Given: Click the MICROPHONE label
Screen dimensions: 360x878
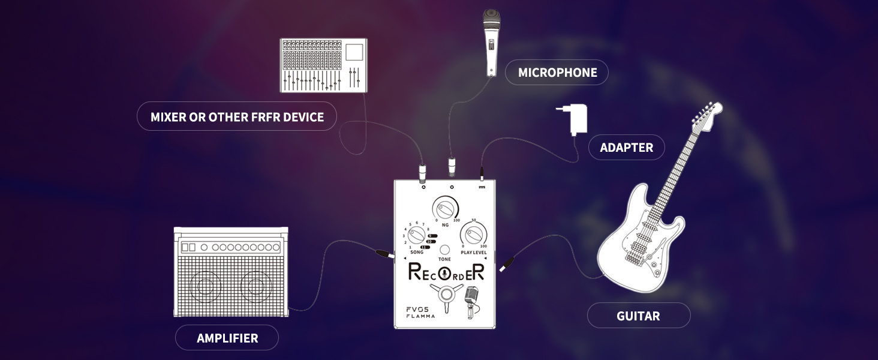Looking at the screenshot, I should tap(557, 73).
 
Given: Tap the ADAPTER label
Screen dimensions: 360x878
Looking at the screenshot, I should tap(626, 148).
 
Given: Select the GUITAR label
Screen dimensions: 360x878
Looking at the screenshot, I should tap(638, 316).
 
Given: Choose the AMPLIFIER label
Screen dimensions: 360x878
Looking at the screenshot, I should tap(227, 338).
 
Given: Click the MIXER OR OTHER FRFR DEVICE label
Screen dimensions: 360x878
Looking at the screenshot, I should tap(237, 117).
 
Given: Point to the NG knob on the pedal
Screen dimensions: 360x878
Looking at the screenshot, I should tap(445, 209).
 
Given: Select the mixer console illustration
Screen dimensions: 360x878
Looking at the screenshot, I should tap(324, 65).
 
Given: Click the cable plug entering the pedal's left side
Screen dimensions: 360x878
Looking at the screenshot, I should tap(383, 254).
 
